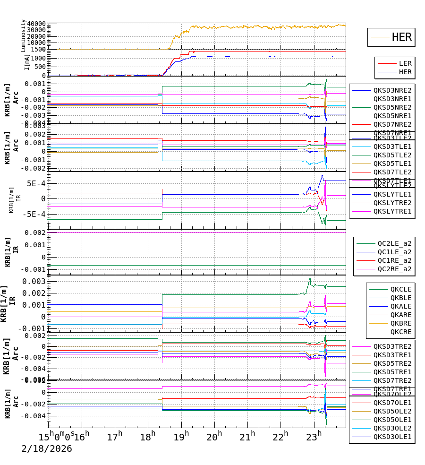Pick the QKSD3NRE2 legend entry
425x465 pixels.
click(392, 90)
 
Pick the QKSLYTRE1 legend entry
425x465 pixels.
click(392, 211)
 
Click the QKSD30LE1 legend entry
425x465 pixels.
click(392, 437)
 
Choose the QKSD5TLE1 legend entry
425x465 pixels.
click(392, 164)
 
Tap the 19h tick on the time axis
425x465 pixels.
click(180, 435)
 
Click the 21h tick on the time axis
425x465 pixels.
click(248, 435)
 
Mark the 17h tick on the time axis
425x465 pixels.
click(113, 435)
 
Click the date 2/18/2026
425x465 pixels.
click(47, 449)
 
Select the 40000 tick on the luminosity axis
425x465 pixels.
click(36, 24)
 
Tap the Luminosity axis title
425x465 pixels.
click(23, 35)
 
